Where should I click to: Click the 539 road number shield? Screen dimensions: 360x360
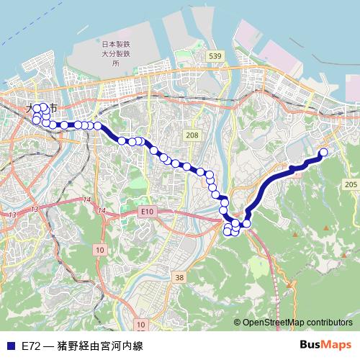coord(214,55)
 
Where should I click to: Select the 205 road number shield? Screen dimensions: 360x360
coord(351,185)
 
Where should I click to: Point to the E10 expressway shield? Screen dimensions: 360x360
coord(148,211)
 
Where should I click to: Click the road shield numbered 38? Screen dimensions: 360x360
coord(179,276)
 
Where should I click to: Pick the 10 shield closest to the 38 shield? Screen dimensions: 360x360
coord(140,325)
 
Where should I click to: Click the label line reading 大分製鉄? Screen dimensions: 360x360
coord(115,54)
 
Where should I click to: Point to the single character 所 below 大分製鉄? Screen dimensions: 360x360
coord(115,63)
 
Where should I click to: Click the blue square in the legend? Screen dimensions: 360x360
coord(10,346)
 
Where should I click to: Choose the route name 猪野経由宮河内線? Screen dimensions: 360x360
coord(102,346)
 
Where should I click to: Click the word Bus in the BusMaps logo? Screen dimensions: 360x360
coord(310,345)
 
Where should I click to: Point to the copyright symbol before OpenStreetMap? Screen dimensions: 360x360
coord(238,322)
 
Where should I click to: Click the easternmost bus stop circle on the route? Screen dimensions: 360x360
coord(323,152)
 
